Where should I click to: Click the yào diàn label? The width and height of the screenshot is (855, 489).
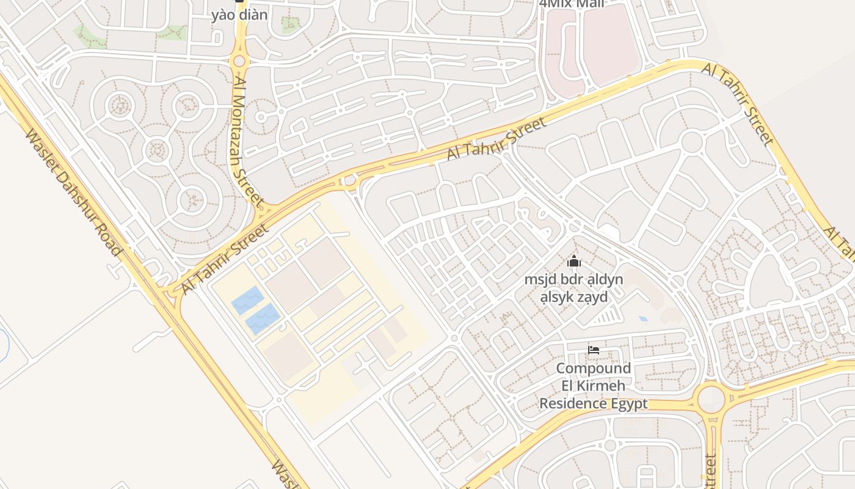(x=239, y=15)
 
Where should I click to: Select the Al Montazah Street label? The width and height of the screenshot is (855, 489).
(x=248, y=141)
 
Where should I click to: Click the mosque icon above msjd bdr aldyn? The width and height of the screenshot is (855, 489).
(x=574, y=262)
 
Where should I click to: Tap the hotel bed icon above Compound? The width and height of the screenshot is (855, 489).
(x=593, y=350)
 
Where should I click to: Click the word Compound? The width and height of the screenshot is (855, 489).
(x=593, y=369)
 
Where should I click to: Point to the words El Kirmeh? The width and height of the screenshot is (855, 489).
(x=593, y=386)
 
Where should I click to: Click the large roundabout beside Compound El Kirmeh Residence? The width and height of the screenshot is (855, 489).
(x=710, y=398)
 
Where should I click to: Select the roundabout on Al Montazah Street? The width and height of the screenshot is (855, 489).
(x=239, y=61)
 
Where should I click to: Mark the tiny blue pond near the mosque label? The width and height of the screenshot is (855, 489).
(x=642, y=318)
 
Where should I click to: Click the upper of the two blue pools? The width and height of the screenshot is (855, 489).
(x=248, y=300)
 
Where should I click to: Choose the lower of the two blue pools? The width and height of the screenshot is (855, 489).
(x=263, y=319)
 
